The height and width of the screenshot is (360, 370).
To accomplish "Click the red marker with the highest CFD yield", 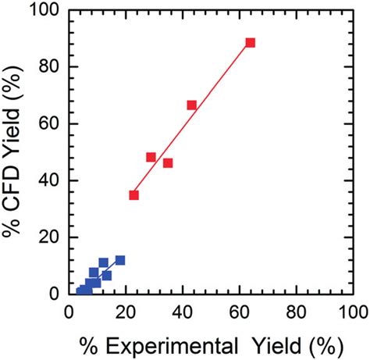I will click(250, 43).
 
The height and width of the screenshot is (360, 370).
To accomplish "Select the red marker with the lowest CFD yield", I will click(133, 195).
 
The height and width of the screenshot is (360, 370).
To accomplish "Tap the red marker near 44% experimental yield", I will click(191, 105).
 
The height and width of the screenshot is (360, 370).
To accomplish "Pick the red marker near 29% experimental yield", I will click(151, 157).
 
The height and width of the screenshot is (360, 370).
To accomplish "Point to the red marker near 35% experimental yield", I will click(167, 163).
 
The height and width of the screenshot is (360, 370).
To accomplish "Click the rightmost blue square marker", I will click(119, 260).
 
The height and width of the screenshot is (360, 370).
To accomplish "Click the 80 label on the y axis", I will click(49, 67).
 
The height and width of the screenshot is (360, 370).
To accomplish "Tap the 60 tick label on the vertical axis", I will click(49, 124).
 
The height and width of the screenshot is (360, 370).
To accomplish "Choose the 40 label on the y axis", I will click(49, 181).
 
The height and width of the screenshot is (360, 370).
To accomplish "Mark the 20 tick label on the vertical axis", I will click(49, 237).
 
